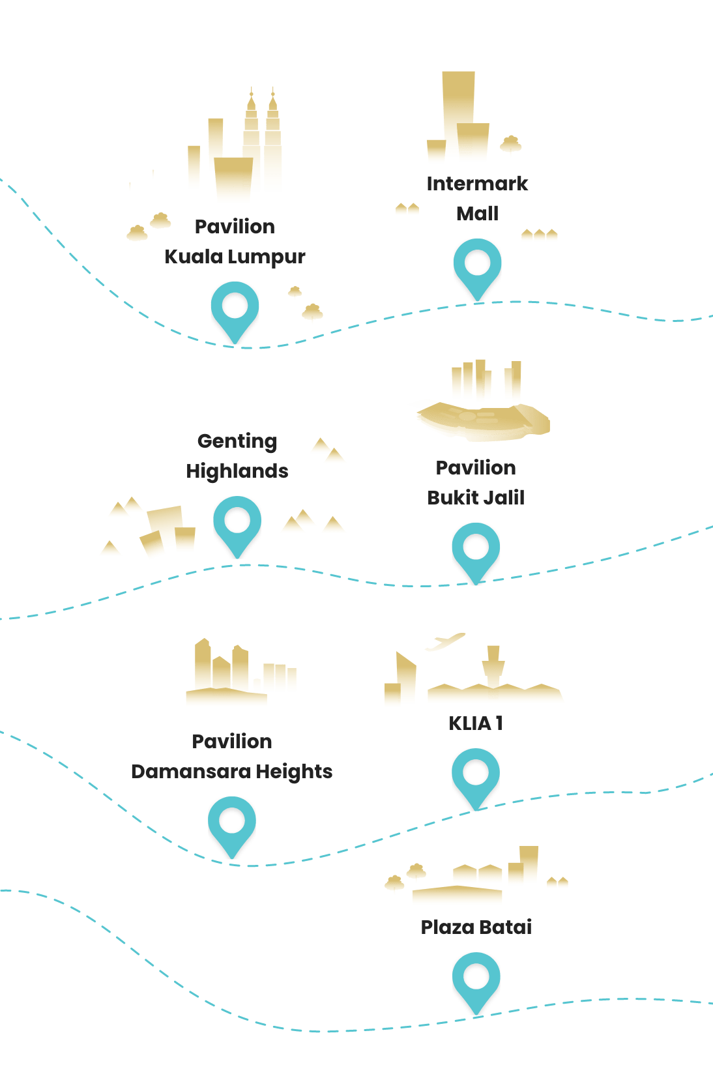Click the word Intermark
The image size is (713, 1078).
(x=477, y=184)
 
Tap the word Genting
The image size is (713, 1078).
(x=237, y=442)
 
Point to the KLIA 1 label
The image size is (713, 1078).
(x=476, y=723)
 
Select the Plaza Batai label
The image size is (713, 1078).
(x=476, y=927)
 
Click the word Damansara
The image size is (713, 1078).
(x=191, y=772)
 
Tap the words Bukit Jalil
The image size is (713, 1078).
(x=476, y=498)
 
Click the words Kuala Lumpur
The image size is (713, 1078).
(x=235, y=257)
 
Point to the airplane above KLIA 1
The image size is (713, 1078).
(x=445, y=642)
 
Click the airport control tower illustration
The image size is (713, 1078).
(x=493, y=665)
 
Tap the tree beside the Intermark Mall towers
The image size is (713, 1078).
(x=510, y=145)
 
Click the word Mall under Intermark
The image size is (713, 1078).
(x=477, y=213)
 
